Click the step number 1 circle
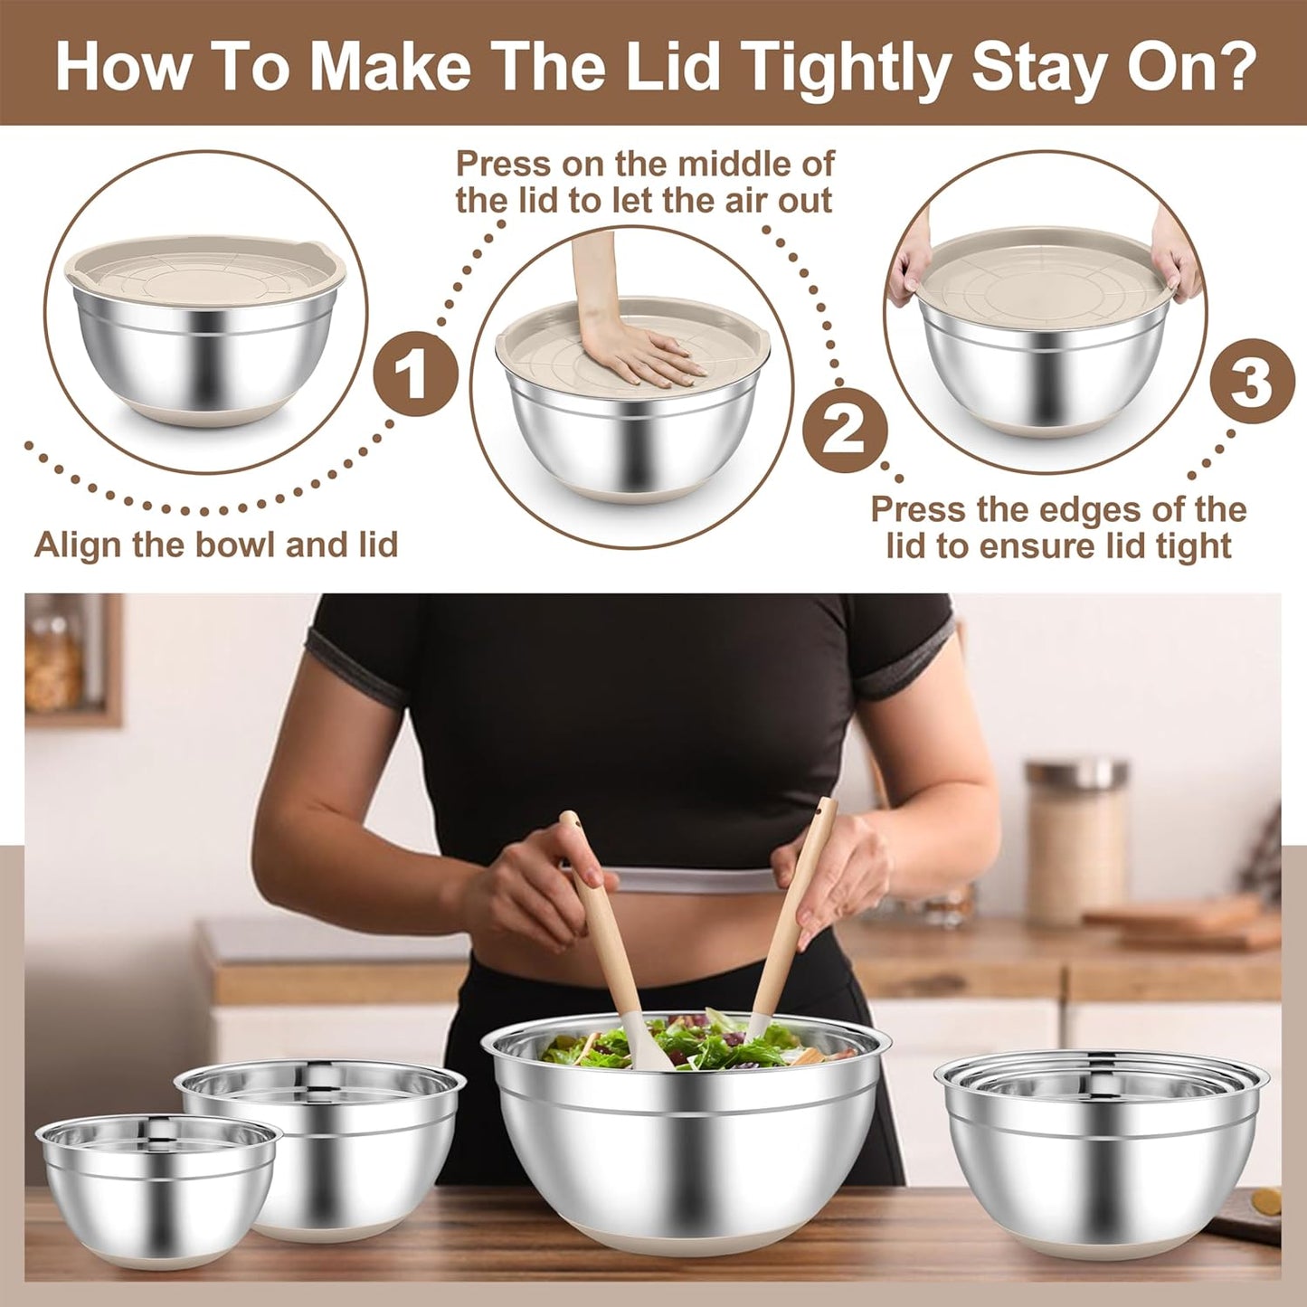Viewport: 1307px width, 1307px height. tap(415, 374)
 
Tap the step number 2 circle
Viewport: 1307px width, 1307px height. tap(845, 429)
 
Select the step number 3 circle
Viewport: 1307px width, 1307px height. tap(1252, 381)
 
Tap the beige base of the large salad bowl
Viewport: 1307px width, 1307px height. tap(683, 1239)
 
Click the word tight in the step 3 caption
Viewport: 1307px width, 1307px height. tap(1193, 546)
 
